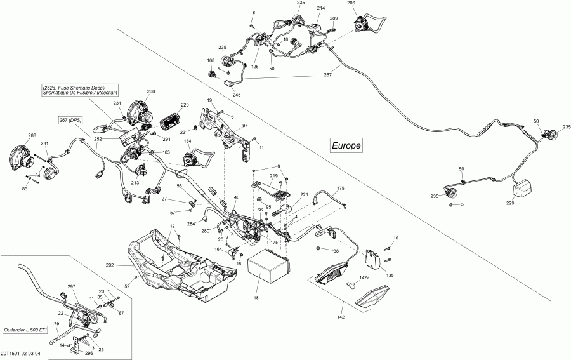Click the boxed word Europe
(346, 145)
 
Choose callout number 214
(321, 8)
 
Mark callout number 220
(185, 105)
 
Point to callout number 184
(188, 143)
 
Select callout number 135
(390, 275)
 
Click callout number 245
(237, 95)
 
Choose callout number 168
(211, 60)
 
